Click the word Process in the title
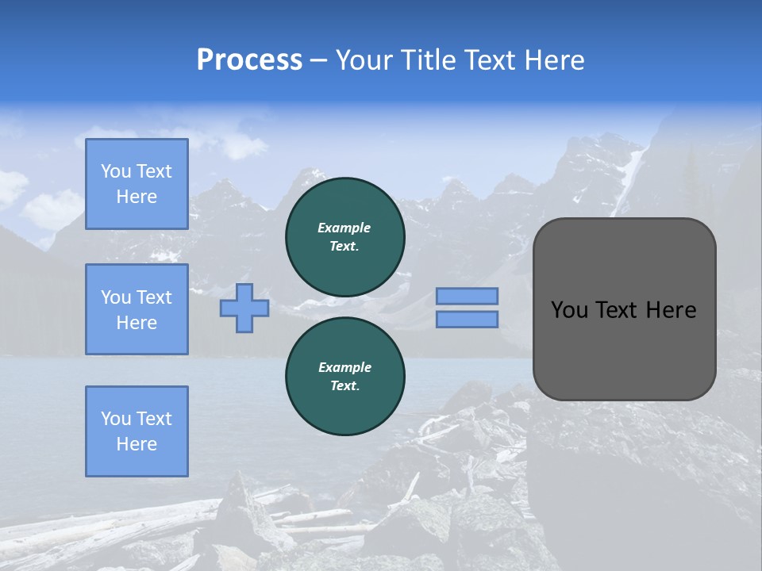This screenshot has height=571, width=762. [249, 60]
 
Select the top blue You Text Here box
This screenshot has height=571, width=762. [137, 184]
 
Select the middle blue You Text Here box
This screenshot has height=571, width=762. [137, 309]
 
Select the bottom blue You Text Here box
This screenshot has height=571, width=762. [137, 431]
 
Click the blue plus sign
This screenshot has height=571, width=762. [244, 308]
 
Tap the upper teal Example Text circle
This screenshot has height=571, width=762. [345, 237]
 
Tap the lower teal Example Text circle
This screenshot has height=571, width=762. [345, 377]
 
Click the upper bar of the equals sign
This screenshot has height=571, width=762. [468, 296]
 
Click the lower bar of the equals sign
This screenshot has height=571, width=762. [468, 319]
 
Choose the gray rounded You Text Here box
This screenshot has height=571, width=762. [625, 309]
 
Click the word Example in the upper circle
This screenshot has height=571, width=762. [344, 228]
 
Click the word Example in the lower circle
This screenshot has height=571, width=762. [344, 367]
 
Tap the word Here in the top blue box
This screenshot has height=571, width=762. [137, 197]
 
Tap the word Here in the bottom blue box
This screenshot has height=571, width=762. [137, 444]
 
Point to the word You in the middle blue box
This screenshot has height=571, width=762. [114, 297]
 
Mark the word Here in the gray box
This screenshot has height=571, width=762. [672, 310]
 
